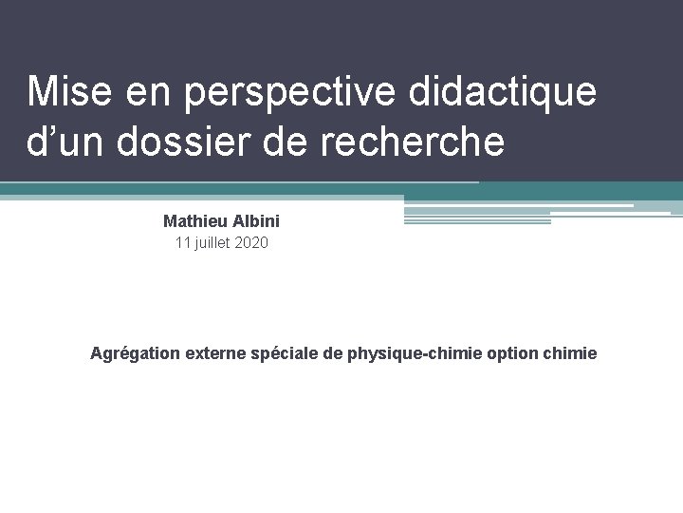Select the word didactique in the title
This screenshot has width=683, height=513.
pos(503,92)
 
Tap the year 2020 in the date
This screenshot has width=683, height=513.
pos(251,243)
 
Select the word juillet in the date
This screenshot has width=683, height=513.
pos(213,243)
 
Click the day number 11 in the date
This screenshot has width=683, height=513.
pos(183,243)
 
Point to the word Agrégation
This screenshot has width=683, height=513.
pos(134,353)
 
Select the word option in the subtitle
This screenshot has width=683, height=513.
pos(512,353)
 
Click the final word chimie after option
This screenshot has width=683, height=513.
pos(570,353)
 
